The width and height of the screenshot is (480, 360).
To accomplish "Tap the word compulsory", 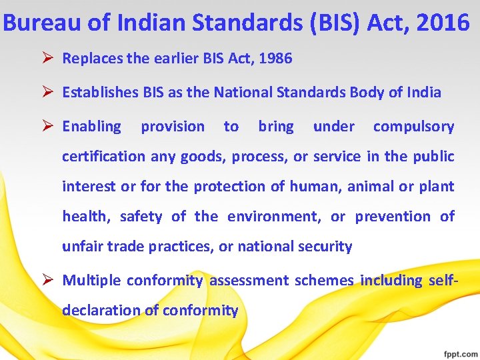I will tap(413, 126).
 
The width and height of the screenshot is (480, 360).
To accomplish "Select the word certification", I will tap(103, 156).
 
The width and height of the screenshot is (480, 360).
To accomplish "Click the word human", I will tap(314, 186).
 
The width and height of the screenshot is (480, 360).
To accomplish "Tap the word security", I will tap(326, 246).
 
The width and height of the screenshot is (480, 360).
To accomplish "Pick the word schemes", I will tap(323, 280).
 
